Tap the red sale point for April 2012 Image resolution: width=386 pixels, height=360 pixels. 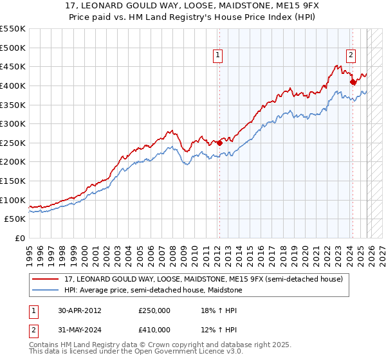tap(219, 143)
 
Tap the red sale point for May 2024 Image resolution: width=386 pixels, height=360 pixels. tap(353, 82)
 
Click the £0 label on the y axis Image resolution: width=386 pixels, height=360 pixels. tap(19, 239)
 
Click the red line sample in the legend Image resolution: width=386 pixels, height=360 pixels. tap(46, 278)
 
